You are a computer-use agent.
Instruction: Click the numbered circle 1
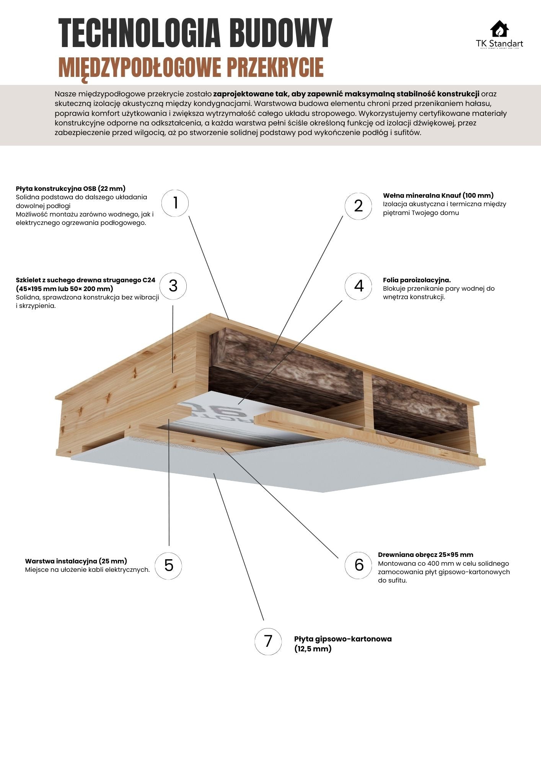tap(175, 203)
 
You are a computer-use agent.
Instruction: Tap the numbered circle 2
tap(358, 206)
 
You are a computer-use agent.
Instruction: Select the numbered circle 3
tap(173, 286)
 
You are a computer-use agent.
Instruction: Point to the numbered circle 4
tap(358, 286)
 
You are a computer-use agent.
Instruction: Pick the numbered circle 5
tap(168, 565)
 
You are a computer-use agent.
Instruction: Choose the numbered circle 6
tap(358, 565)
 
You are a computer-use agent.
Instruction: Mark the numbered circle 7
tap(268, 641)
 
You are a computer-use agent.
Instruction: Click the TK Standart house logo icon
tap(499, 29)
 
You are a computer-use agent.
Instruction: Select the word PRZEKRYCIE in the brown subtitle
tap(275, 68)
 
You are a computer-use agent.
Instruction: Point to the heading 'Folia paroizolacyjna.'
tap(417, 280)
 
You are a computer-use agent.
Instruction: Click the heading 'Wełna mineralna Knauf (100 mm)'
tap(438, 195)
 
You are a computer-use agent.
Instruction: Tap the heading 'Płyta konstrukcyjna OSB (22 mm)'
tap(71, 188)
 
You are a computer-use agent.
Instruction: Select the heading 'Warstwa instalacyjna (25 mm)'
tap(76, 561)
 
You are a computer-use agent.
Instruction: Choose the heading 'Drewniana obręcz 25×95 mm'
tap(425, 555)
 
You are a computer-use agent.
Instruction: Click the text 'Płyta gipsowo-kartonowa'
tap(343, 639)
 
